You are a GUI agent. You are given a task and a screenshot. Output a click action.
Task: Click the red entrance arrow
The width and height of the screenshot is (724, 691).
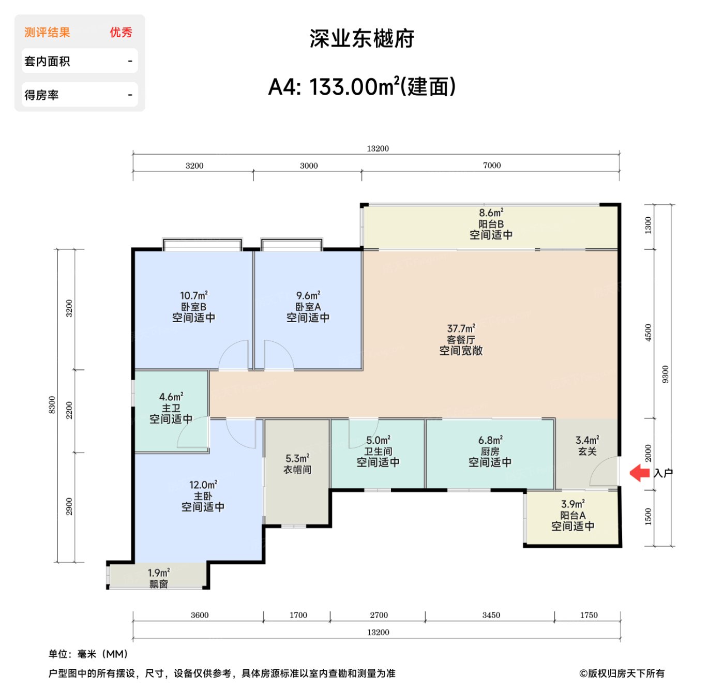coord(640,473)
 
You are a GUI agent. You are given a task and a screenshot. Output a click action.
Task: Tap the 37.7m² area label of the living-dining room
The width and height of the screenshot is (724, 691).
coord(461,328)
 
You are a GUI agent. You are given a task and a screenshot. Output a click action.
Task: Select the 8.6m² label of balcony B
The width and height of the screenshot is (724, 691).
coord(491,213)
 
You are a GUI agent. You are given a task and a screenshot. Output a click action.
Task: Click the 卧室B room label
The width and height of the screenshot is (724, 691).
coord(193,307)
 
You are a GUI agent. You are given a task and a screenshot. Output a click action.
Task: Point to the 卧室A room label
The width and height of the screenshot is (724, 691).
coord(308,307)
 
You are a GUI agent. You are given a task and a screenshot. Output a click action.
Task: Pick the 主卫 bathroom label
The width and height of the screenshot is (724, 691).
coord(171,408)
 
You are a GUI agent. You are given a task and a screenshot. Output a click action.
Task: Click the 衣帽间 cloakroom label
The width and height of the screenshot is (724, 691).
coord(297,470)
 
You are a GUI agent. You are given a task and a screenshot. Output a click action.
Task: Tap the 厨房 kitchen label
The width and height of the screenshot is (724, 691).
coord(490,452)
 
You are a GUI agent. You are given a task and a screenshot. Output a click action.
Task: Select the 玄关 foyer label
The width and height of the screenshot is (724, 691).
coord(587,452)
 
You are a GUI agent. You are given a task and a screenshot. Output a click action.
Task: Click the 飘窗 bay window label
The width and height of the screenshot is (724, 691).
coord(159,584)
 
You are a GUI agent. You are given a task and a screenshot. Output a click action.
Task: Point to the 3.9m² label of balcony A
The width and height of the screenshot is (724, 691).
coord(572,504)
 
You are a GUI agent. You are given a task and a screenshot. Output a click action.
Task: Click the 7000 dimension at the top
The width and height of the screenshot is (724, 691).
coord(492,166)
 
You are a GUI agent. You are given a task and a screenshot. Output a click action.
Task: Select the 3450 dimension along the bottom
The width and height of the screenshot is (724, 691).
coord(491,615)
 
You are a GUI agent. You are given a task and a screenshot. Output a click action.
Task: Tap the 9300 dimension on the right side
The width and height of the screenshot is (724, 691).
coord(666,374)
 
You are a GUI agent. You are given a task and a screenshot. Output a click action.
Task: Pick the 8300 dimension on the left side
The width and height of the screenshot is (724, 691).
coord(52,405)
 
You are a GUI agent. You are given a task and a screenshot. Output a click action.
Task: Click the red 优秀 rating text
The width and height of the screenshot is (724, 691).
coord(121,33)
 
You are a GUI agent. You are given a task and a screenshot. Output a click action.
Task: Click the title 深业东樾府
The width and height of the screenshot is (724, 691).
coord(362,39)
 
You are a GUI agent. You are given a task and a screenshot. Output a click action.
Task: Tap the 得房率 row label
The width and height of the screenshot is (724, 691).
coord(41,95)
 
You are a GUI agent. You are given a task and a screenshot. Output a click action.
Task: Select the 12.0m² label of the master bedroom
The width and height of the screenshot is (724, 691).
coord(203,485)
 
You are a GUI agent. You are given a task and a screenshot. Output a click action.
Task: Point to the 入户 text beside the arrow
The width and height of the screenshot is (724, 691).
coord(663,473)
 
